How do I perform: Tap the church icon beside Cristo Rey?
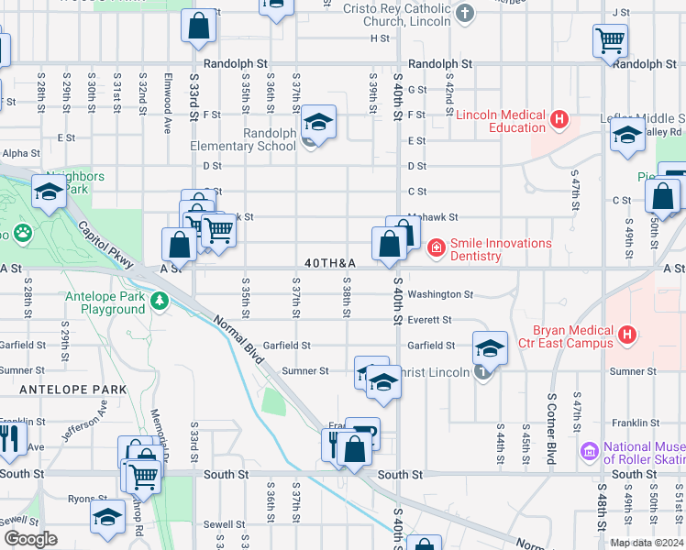click(x=466, y=13)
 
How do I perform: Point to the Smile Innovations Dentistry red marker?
click(x=436, y=247)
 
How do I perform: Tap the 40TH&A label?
click(x=330, y=263)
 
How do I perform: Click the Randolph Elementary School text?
click(x=243, y=139)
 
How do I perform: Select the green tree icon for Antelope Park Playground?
click(x=160, y=301)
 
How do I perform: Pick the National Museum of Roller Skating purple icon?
click(x=590, y=450)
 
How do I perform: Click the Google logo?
click(x=31, y=538)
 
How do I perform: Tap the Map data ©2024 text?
click(x=646, y=543)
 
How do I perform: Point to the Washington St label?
click(x=440, y=295)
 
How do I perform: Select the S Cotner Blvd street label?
click(x=552, y=430)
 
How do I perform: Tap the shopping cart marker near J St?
click(x=610, y=40)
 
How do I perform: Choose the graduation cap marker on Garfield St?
click(x=491, y=347)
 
